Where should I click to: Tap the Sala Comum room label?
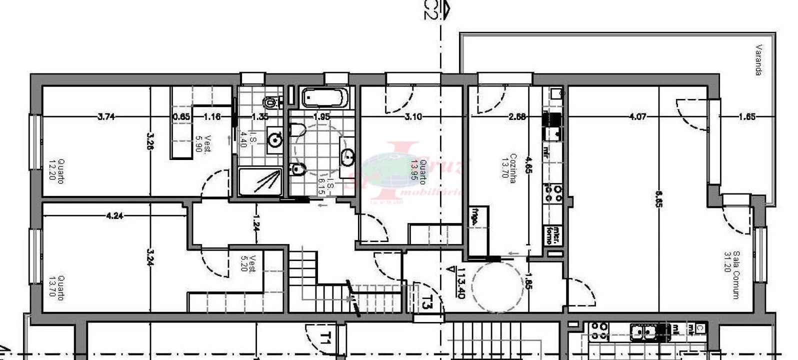coord(731,274)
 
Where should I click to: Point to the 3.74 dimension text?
coord(106,116)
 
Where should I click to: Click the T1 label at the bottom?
coord(325,340)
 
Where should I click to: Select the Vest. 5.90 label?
coord(203,144)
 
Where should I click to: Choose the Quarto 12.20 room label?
coord(57,171)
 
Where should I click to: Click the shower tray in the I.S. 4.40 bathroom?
coord(260,182)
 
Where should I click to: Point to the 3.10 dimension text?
coord(413,117)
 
